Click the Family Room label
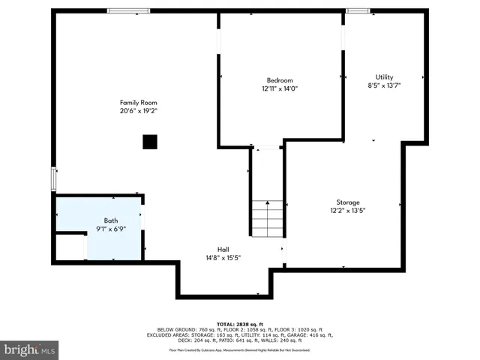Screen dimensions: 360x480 pos(138,102)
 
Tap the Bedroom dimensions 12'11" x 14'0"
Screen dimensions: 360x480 pos(280,88)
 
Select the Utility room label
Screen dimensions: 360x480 pos(384,77)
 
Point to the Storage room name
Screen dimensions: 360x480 pos(347,202)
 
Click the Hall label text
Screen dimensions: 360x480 pos(223,249)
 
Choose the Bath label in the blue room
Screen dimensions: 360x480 pos(110,220)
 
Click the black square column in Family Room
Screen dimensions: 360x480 pos(150,141)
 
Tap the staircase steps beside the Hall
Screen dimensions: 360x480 pos(268,218)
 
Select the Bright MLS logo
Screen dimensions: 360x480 pos(30,349)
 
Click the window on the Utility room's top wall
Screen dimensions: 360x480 pos(358,10)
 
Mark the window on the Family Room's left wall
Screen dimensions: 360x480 pos(53,179)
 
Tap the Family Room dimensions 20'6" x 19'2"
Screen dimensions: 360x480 pos(138,110)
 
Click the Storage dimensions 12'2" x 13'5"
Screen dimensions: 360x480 pos(347,211)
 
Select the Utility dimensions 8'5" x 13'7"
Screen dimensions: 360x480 pos(384,85)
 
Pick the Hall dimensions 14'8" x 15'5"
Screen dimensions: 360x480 pos(223,257)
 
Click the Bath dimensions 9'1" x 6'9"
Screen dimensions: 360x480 pos(110,229)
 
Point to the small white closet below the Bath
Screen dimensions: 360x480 pos(70,247)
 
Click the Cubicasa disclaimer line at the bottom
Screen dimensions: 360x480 pos(239,349)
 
